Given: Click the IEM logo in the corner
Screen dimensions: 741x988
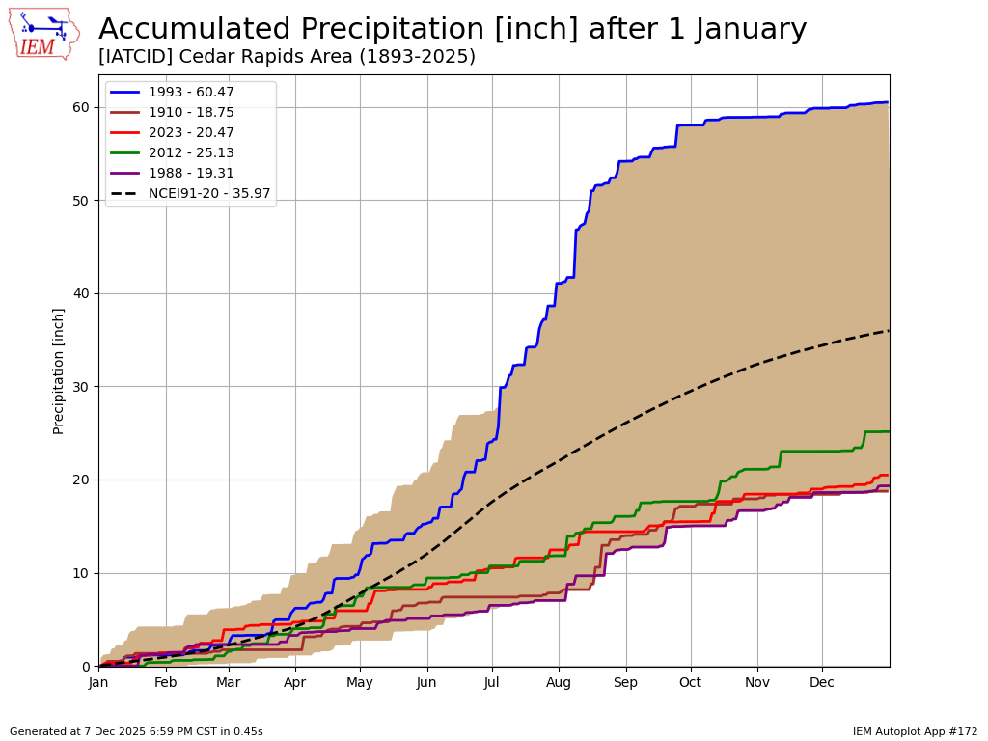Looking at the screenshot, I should (44, 34).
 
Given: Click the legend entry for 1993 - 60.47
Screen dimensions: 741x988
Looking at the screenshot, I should (191, 93).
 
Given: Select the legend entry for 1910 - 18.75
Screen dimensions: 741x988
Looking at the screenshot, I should (191, 113).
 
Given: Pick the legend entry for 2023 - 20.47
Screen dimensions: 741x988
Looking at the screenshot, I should (191, 133).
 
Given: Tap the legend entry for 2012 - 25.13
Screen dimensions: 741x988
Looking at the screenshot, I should (191, 153).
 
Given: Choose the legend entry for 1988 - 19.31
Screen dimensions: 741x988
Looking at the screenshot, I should (191, 174).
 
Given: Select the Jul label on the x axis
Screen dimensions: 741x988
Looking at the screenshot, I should (492, 683).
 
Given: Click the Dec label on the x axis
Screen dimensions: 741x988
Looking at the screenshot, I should (822, 683).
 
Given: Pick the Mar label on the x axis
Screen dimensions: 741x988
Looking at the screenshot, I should (229, 683).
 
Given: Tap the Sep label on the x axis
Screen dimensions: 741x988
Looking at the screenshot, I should (625, 683).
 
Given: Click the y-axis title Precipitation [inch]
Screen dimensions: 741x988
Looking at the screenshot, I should (59, 370).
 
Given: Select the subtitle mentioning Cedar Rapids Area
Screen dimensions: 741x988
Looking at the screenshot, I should (287, 57).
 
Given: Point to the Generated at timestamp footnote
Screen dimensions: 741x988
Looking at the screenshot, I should (136, 732).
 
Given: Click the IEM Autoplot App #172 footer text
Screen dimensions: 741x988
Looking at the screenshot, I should (915, 732).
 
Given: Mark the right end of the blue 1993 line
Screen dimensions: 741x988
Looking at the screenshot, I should (888, 102).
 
